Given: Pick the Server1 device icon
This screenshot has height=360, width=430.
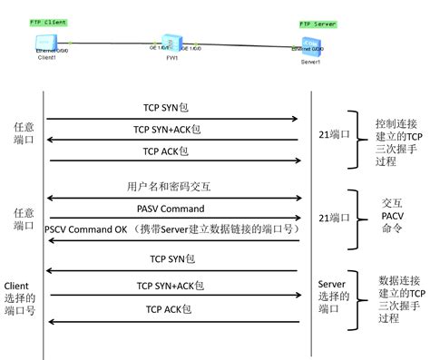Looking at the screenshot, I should [x=309, y=44].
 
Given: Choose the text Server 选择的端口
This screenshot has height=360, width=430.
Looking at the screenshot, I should [x=331, y=296].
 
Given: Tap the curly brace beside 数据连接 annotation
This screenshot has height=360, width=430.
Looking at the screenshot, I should [x=357, y=296].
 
